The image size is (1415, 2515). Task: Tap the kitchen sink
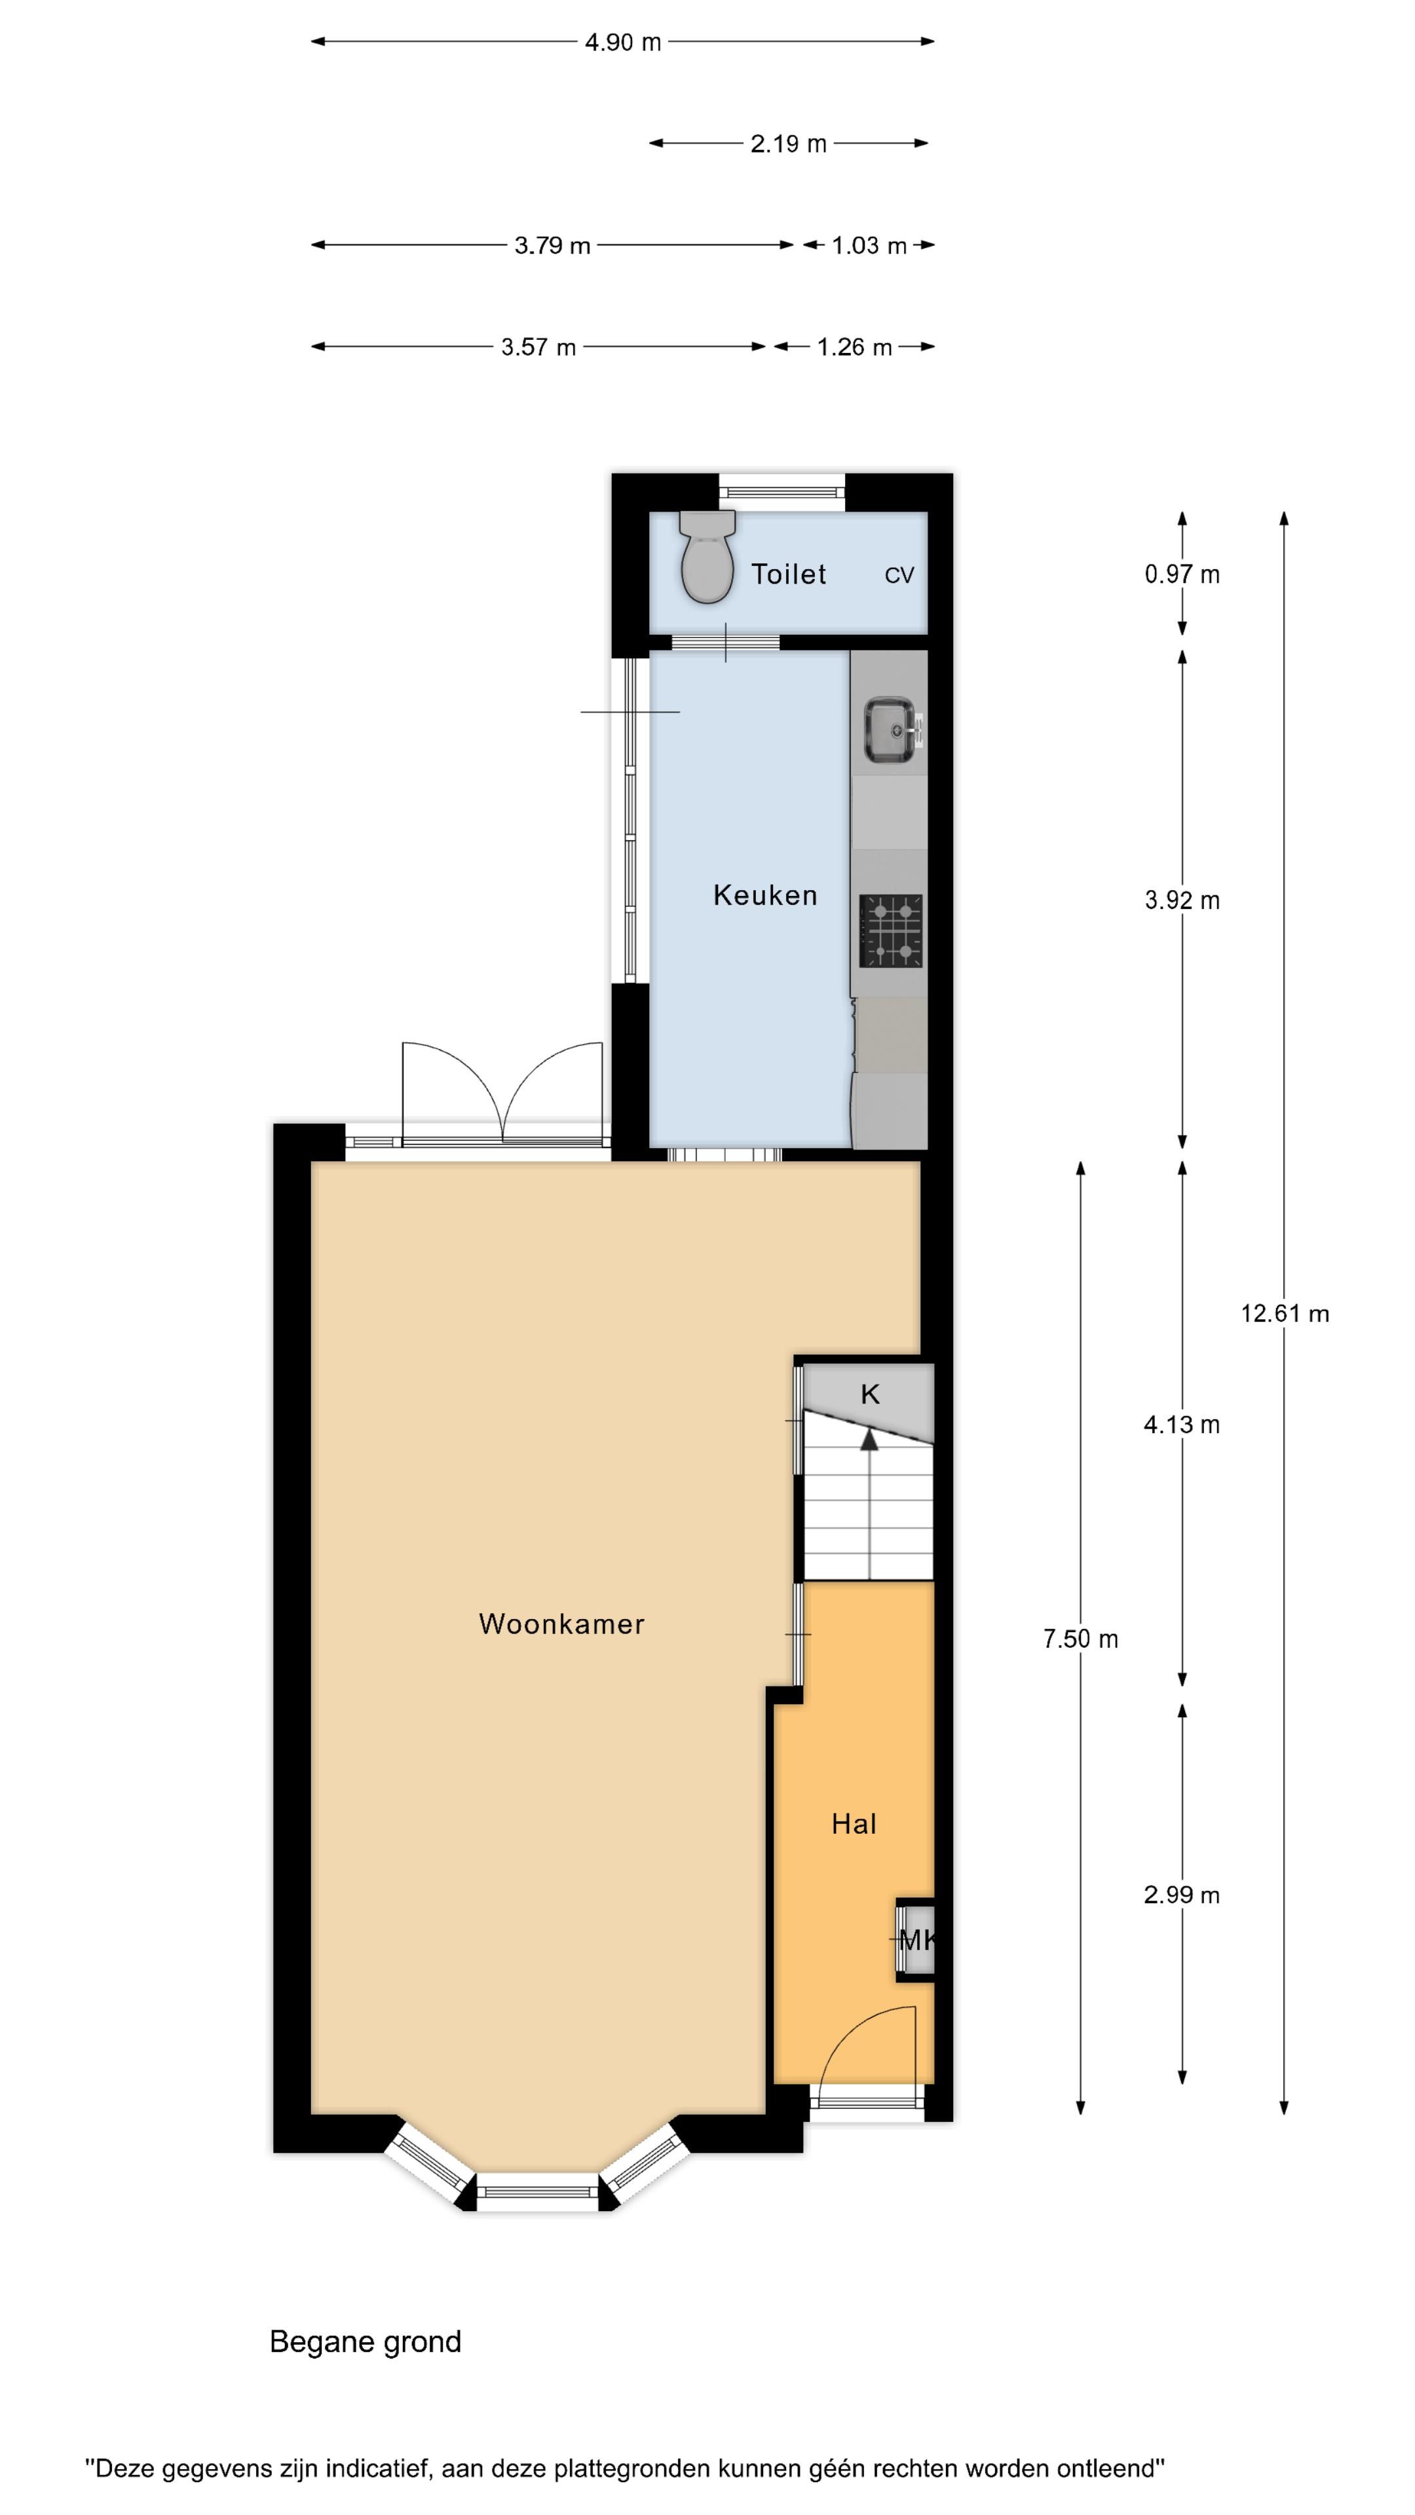click(890, 730)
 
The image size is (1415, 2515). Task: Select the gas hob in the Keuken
click(891, 931)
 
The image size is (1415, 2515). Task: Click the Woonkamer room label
click(561, 1624)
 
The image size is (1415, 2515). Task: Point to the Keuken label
click(764, 895)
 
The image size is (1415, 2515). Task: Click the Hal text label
click(854, 1824)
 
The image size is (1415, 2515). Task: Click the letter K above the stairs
click(869, 1394)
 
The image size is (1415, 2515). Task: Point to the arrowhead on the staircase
click(869, 1438)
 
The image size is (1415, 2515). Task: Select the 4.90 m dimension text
click(623, 42)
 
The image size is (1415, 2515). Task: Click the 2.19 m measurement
click(788, 143)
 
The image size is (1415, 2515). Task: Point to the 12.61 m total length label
click(1284, 1313)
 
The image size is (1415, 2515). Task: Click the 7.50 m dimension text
click(1080, 1638)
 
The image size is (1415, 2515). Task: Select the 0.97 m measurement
click(1182, 574)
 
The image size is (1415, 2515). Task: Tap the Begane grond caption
click(366, 2341)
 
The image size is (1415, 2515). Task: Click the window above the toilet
click(782, 492)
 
